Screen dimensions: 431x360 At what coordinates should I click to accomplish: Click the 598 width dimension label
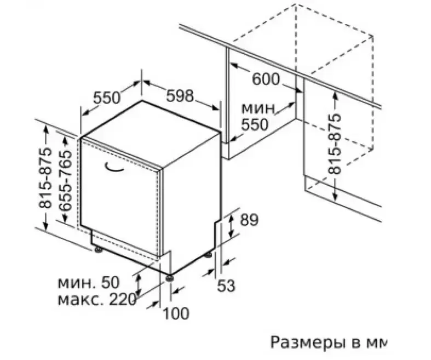click(x=180, y=96)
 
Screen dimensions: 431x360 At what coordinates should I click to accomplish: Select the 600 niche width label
click(x=266, y=79)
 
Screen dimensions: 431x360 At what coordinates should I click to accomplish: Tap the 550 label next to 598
click(x=107, y=98)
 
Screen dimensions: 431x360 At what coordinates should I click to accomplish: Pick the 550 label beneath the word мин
click(x=254, y=124)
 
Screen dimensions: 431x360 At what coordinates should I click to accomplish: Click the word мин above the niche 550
click(x=258, y=108)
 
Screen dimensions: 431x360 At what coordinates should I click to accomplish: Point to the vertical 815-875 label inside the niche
click(x=335, y=144)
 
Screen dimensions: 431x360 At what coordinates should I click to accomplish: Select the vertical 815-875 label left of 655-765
click(x=45, y=178)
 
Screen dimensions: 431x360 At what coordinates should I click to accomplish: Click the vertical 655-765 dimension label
click(x=65, y=180)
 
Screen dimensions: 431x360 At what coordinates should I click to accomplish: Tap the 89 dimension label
click(x=249, y=220)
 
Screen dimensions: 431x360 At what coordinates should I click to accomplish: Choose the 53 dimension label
click(x=227, y=285)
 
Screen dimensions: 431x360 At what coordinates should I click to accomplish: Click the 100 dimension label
click(x=176, y=313)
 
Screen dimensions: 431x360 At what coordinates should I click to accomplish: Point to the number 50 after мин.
click(x=111, y=282)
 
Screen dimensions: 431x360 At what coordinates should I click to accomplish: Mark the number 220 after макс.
click(x=123, y=300)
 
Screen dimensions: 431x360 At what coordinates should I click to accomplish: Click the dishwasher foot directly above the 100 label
click(x=169, y=278)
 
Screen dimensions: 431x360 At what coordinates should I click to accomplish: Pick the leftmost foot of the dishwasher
click(x=98, y=249)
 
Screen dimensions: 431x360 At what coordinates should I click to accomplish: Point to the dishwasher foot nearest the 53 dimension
click(x=208, y=255)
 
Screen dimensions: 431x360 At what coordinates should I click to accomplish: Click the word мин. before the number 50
click(x=77, y=283)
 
